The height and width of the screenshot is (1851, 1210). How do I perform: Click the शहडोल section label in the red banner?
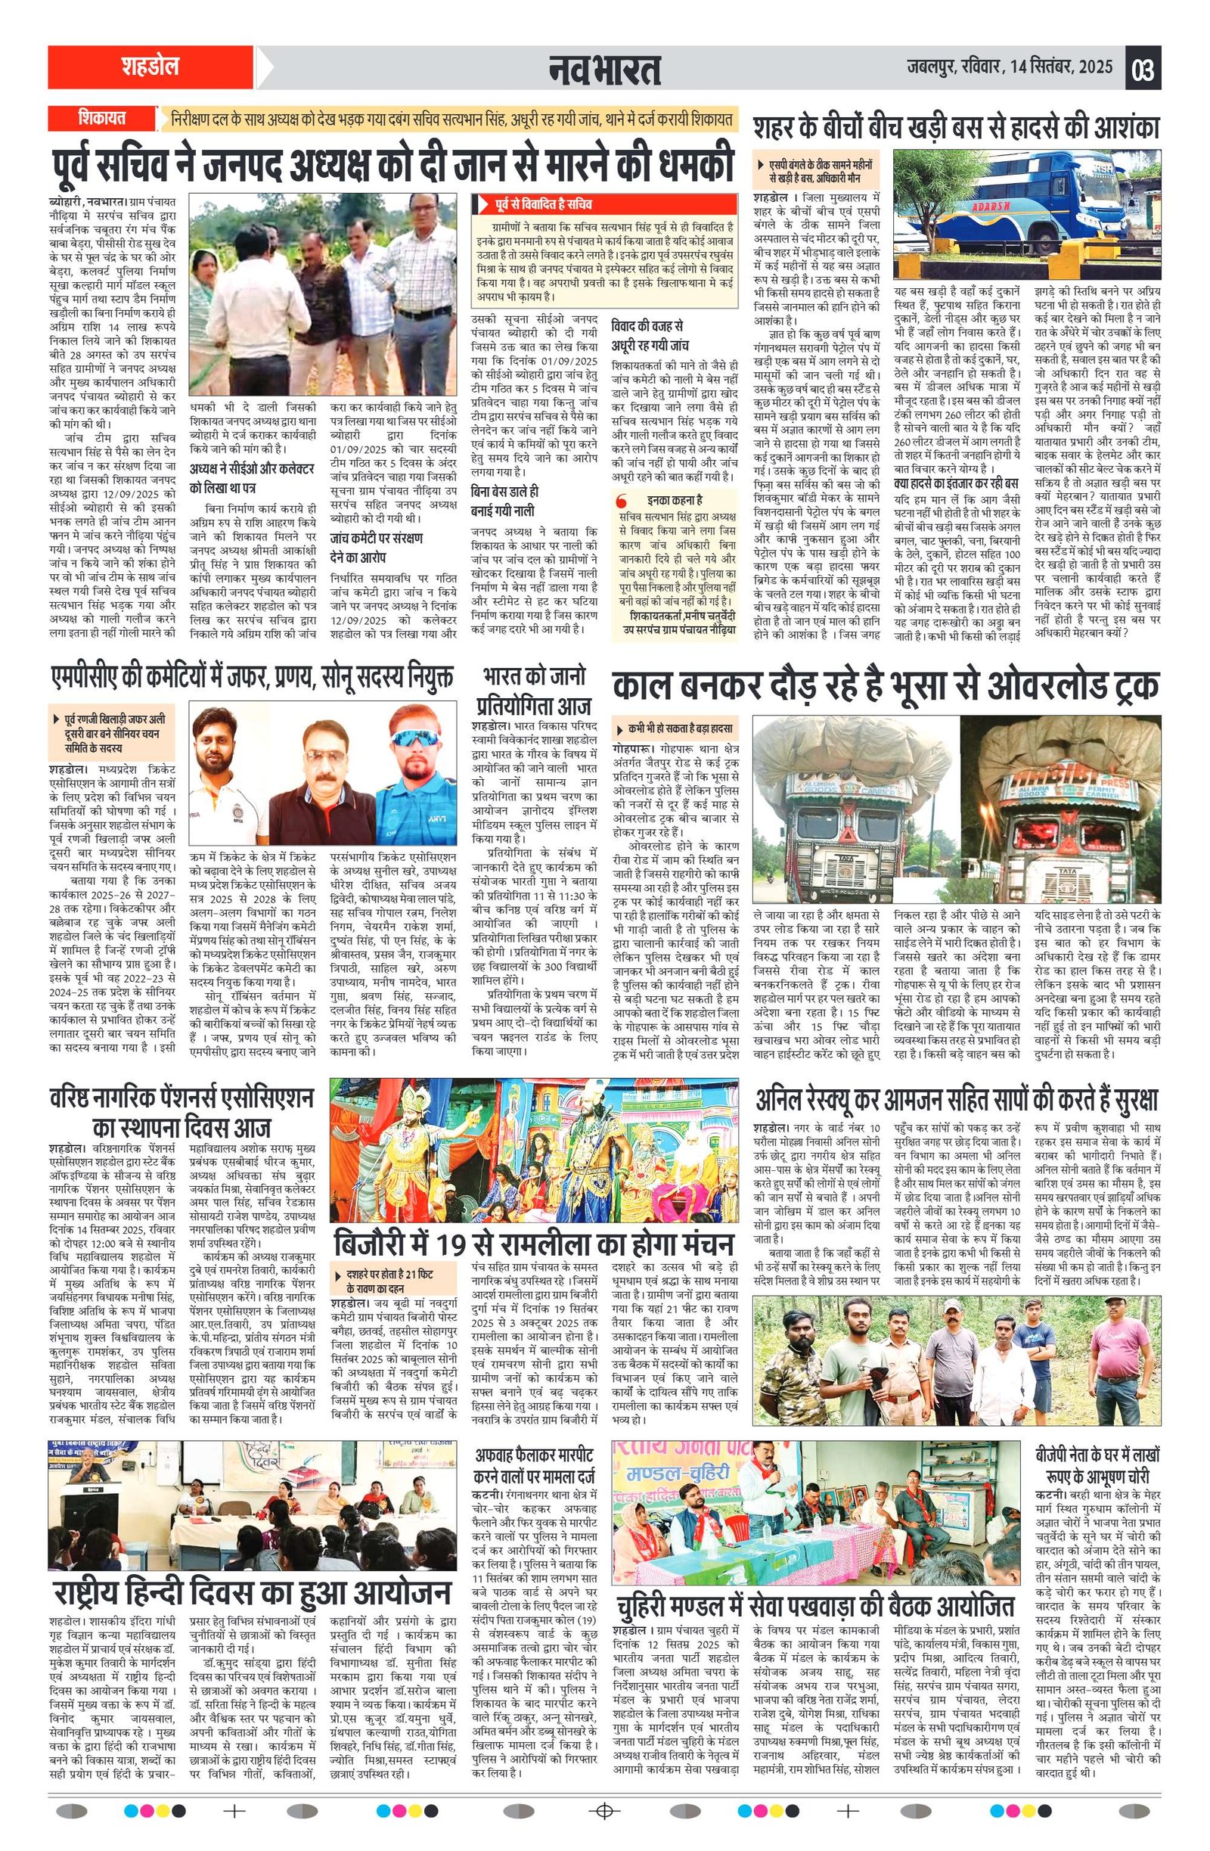(149, 67)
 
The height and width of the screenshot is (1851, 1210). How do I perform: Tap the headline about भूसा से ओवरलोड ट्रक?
(885, 685)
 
